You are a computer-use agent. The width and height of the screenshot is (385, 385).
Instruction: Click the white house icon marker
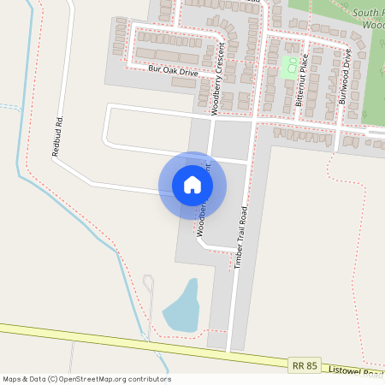tap(192, 184)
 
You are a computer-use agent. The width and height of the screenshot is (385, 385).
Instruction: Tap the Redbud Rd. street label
tap(57, 137)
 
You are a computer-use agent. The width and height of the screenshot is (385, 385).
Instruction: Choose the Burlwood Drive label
tap(344, 78)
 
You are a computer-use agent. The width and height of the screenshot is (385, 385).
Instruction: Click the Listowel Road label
tap(361, 372)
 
